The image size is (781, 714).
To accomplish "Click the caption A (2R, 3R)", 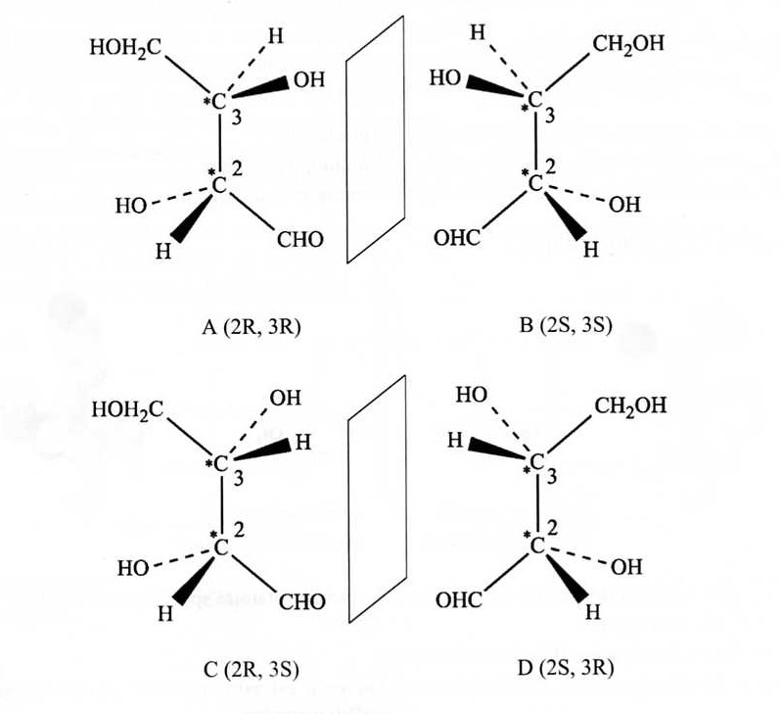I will [251, 327].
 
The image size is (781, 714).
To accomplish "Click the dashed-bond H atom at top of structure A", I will [277, 37].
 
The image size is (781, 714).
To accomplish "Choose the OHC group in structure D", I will [458, 600].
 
